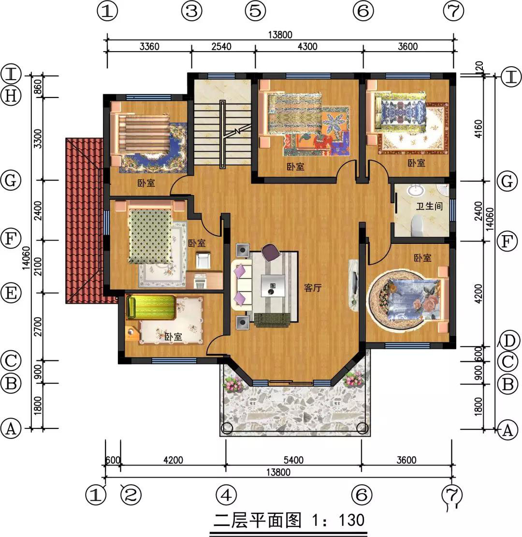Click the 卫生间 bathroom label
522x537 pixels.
pos(429,206)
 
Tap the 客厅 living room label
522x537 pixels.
pos(313,288)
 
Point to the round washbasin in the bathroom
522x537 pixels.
pos(415,191)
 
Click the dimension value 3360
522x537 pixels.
pos(149,47)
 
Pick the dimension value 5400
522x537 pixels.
pos(294,460)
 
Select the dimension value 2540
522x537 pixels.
pos(222,47)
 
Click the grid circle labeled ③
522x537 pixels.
pos(192,12)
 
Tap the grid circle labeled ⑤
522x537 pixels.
pos(255,12)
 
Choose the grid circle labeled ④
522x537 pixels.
pos(226,495)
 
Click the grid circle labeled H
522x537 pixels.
pos(11,96)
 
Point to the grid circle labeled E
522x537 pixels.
pos(11,293)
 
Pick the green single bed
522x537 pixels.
pos(151,308)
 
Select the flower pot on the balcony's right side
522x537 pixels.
pos(353,379)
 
